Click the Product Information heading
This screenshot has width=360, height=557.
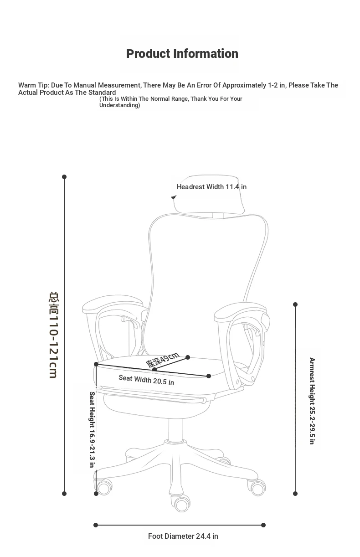click(x=182, y=54)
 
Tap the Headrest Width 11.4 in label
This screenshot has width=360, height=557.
click(x=211, y=187)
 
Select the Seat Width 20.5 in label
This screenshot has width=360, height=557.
click(x=146, y=380)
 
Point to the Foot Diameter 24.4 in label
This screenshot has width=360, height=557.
click(x=183, y=536)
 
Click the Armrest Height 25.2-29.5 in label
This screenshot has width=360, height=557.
click(x=312, y=401)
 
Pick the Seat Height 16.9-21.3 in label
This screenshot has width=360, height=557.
click(x=92, y=429)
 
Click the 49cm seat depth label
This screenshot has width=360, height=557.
click(x=163, y=360)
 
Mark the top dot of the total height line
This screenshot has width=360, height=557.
click(x=64, y=177)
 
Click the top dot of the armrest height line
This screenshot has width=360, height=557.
click(x=295, y=304)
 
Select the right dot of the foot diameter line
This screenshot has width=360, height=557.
click(x=263, y=525)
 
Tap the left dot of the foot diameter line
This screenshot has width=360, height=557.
click(x=96, y=525)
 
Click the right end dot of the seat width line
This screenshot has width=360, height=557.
click(x=209, y=376)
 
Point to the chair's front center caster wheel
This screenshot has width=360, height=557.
click(x=182, y=505)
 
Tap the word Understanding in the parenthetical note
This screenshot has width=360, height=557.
click(x=119, y=105)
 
